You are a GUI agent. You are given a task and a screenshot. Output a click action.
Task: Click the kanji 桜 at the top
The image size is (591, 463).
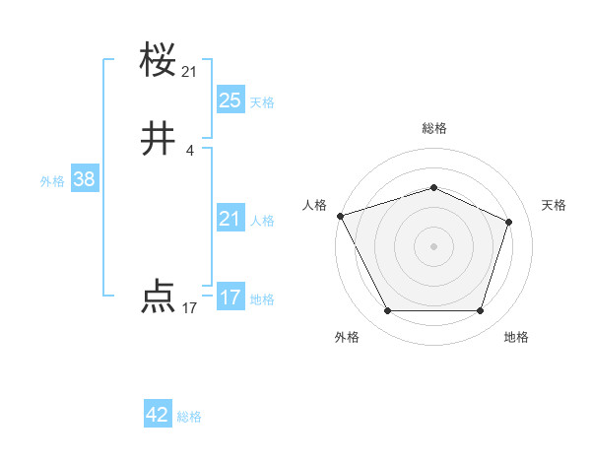coord(159,62)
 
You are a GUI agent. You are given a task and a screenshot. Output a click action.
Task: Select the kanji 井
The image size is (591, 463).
coord(159,140)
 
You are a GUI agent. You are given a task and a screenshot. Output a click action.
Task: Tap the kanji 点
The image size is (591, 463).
coord(159,297)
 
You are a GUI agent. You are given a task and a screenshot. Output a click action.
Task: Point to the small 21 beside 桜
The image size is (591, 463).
coord(190,72)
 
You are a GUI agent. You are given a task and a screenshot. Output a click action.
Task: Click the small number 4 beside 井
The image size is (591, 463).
coord(190,150)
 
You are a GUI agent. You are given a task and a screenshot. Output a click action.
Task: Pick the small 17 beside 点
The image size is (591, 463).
coord(190,308)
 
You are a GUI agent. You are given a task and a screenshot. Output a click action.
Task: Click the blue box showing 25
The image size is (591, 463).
coord(230,99)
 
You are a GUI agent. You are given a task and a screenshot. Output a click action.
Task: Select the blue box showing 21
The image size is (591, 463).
coord(230,219)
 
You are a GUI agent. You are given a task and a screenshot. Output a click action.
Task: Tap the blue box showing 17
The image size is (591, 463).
coord(230,298)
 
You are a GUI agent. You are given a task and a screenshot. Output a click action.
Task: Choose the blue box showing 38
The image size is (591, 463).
coord(84,179)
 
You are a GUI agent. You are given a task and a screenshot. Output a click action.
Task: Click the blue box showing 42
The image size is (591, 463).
coord(158,415)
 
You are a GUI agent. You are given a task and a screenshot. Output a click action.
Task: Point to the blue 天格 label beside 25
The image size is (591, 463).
coord(262,101)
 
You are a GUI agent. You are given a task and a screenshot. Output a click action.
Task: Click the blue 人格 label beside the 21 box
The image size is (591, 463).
coord(262,221)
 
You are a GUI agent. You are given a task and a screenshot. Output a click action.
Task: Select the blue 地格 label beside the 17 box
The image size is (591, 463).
coord(262,299)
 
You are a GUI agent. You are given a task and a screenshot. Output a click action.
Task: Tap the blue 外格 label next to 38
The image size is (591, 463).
coord(52,181)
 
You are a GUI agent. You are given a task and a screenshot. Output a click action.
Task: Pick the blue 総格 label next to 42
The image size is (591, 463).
coord(189,417)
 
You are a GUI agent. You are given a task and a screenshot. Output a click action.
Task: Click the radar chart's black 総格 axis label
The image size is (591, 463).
coord(433,128)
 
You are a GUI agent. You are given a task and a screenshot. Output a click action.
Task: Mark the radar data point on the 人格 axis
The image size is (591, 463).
coord(340,216)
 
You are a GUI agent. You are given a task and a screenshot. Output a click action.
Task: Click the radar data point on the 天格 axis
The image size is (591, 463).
coord(509,222)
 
